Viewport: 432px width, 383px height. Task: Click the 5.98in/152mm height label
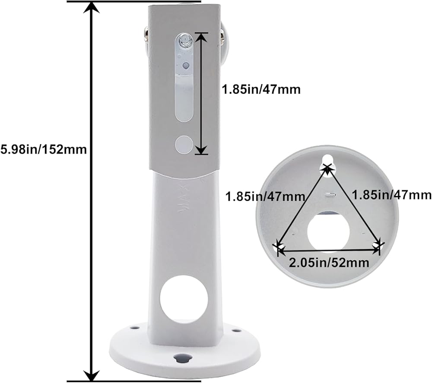point(44,149)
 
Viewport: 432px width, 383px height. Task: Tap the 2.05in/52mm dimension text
point(329,263)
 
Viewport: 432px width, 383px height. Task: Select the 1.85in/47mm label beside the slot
point(261,90)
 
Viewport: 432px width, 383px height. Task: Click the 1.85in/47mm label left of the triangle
point(265,196)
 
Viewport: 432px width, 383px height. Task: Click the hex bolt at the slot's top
point(185,41)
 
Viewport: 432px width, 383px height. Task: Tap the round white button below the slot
point(184,144)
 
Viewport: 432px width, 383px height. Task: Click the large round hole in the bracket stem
point(184,299)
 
